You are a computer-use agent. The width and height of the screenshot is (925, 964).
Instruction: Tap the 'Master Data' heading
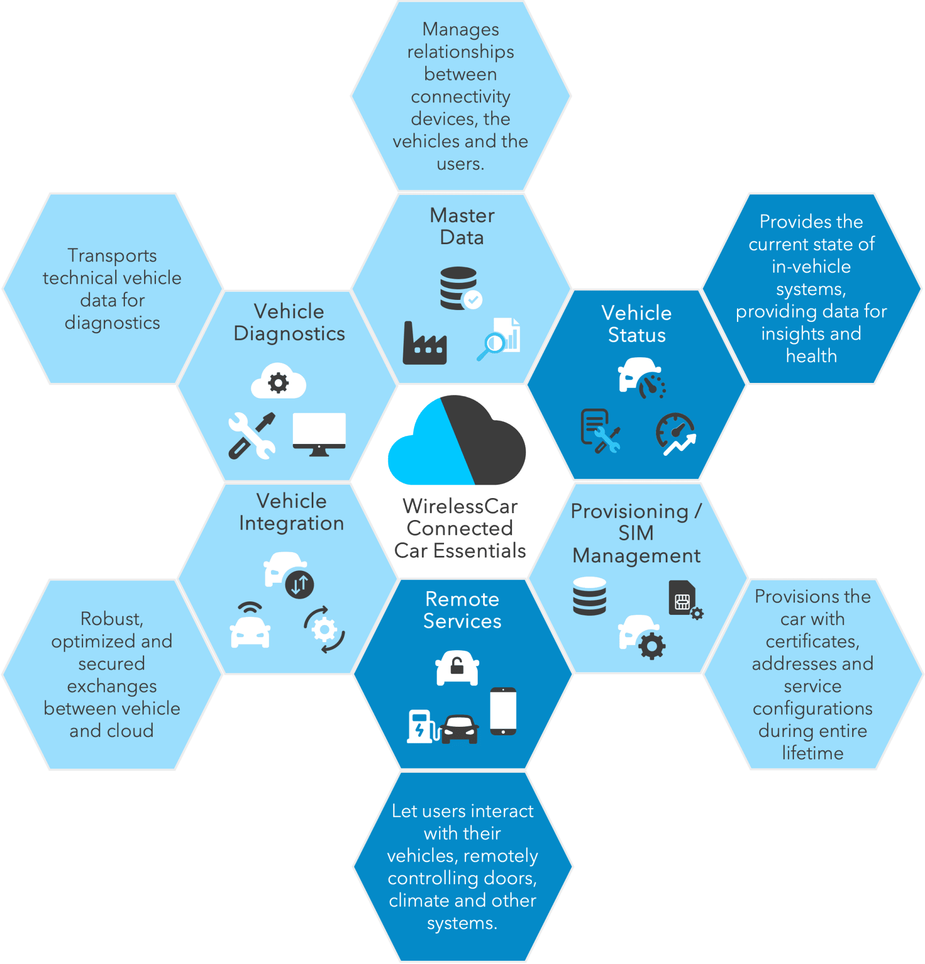(462, 226)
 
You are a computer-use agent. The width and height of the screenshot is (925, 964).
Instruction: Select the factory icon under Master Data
(424, 344)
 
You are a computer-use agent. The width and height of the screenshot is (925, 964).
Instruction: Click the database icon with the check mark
(460, 289)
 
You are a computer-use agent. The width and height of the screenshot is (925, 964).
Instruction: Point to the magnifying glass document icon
(499, 339)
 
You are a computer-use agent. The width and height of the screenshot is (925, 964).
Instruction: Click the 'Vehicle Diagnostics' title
(289, 322)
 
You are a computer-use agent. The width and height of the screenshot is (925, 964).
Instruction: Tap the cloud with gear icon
(278, 381)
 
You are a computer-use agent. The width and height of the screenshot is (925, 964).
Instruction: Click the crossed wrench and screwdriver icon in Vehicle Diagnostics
(252, 435)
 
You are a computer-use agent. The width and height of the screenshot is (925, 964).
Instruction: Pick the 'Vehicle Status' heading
(636, 323)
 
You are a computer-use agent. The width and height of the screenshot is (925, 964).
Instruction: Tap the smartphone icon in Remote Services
(503, 711)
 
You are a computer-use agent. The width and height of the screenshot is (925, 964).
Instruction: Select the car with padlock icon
(457, 667)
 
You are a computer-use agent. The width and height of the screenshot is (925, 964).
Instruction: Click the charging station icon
(420, 726)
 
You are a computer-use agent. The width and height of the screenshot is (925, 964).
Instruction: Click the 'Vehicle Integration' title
(291, 512)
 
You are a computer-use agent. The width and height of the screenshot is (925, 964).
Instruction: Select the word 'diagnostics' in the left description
(112, 323)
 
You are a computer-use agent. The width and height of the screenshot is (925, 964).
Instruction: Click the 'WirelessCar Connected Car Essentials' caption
(460, 528)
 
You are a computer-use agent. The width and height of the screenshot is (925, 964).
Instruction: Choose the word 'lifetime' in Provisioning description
(812, 753)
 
